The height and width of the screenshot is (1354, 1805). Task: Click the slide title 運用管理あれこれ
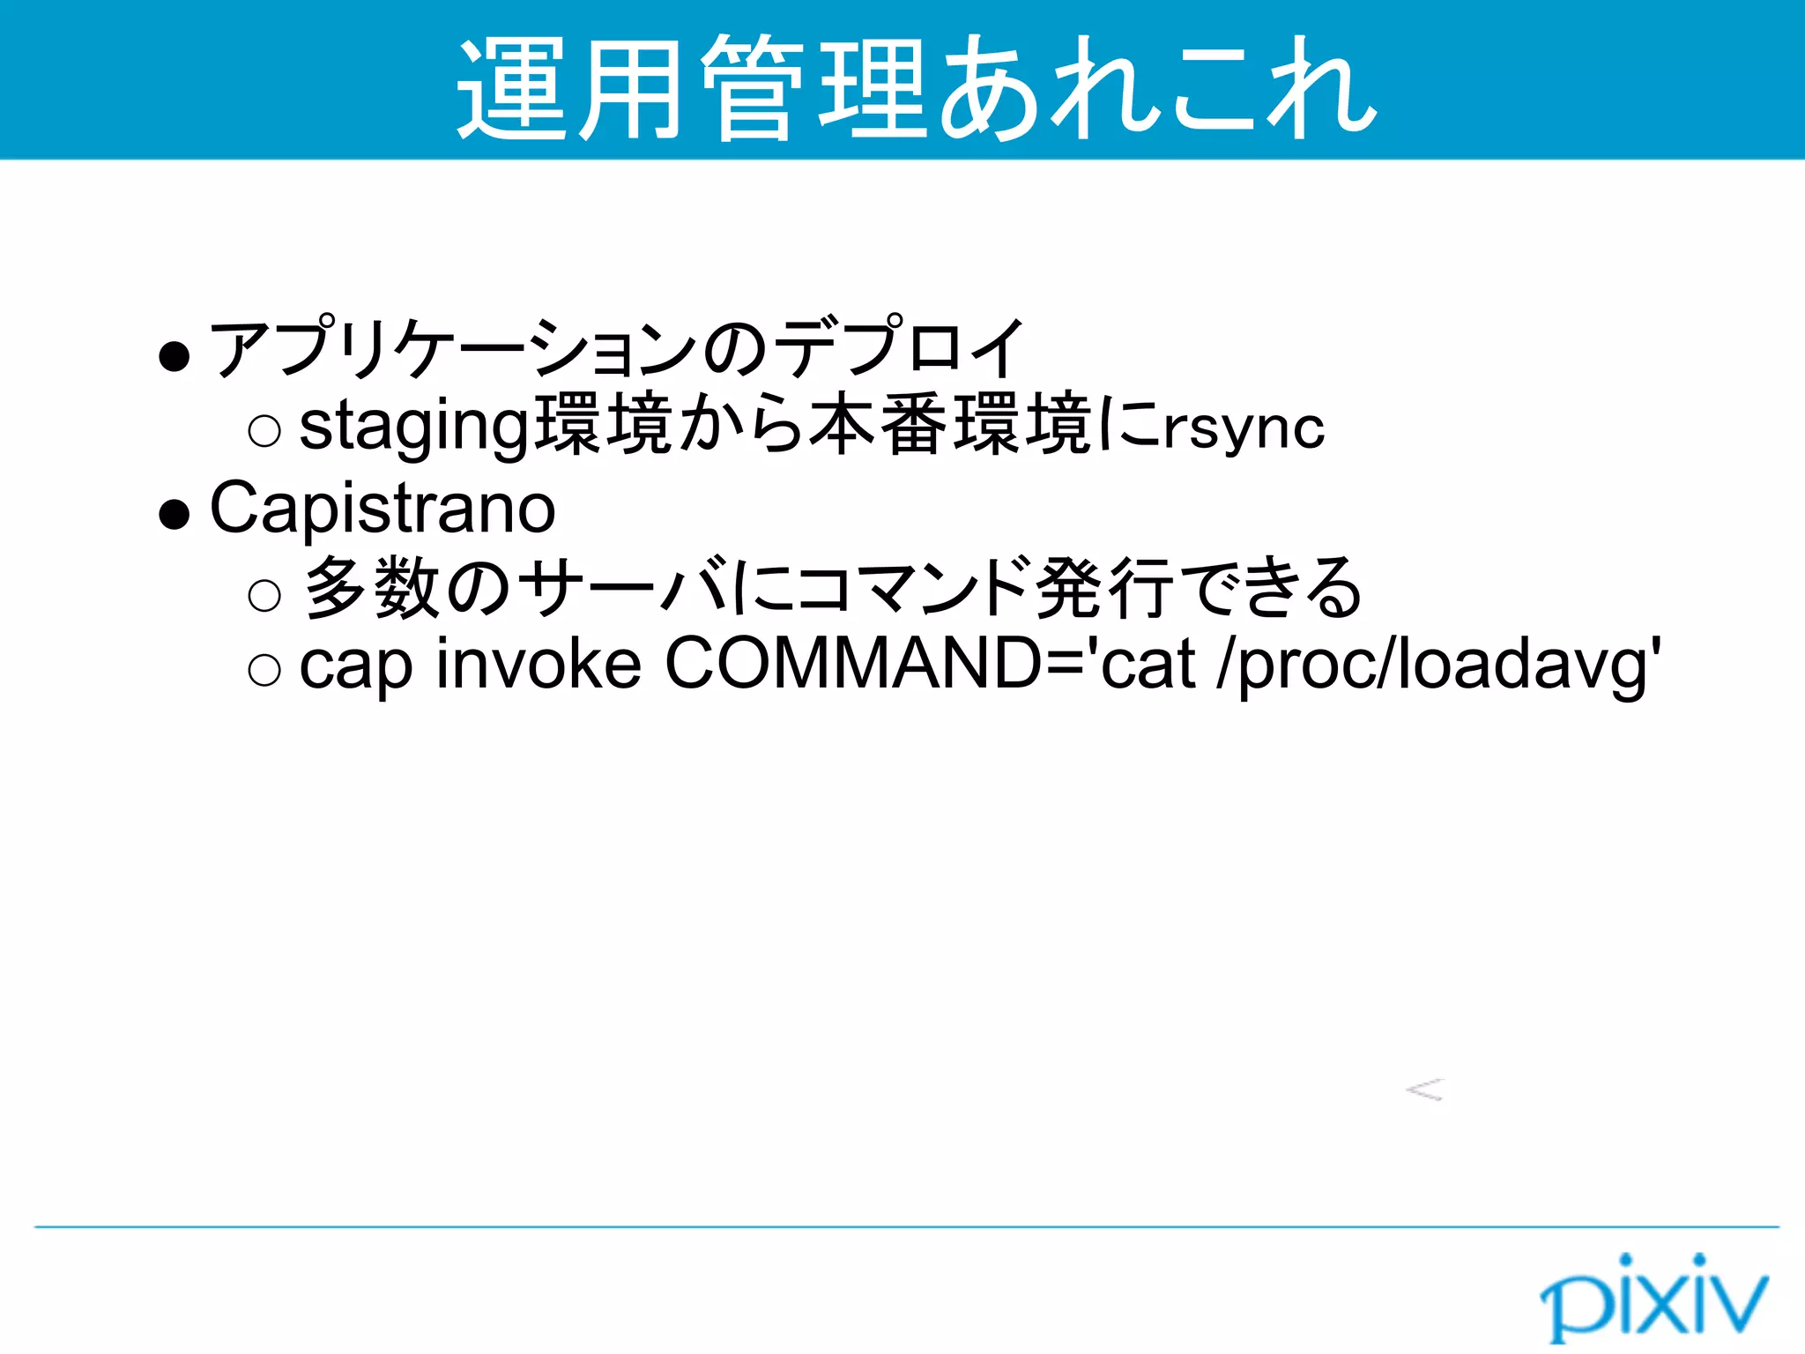pos(917,88)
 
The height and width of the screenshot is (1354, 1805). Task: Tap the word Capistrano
pos(383,509)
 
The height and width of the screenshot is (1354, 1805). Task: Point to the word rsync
pos(1244,429)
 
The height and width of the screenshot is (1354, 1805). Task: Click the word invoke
pos(539,665)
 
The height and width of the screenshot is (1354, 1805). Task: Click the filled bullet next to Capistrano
pos(175,514)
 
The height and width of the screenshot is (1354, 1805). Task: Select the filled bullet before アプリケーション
pos(175,356)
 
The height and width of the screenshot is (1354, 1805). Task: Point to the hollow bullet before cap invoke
pos(264,670)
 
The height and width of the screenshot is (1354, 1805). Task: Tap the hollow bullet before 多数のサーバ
pos(264,595)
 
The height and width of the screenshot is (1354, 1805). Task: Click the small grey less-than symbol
pos(1425,1090)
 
